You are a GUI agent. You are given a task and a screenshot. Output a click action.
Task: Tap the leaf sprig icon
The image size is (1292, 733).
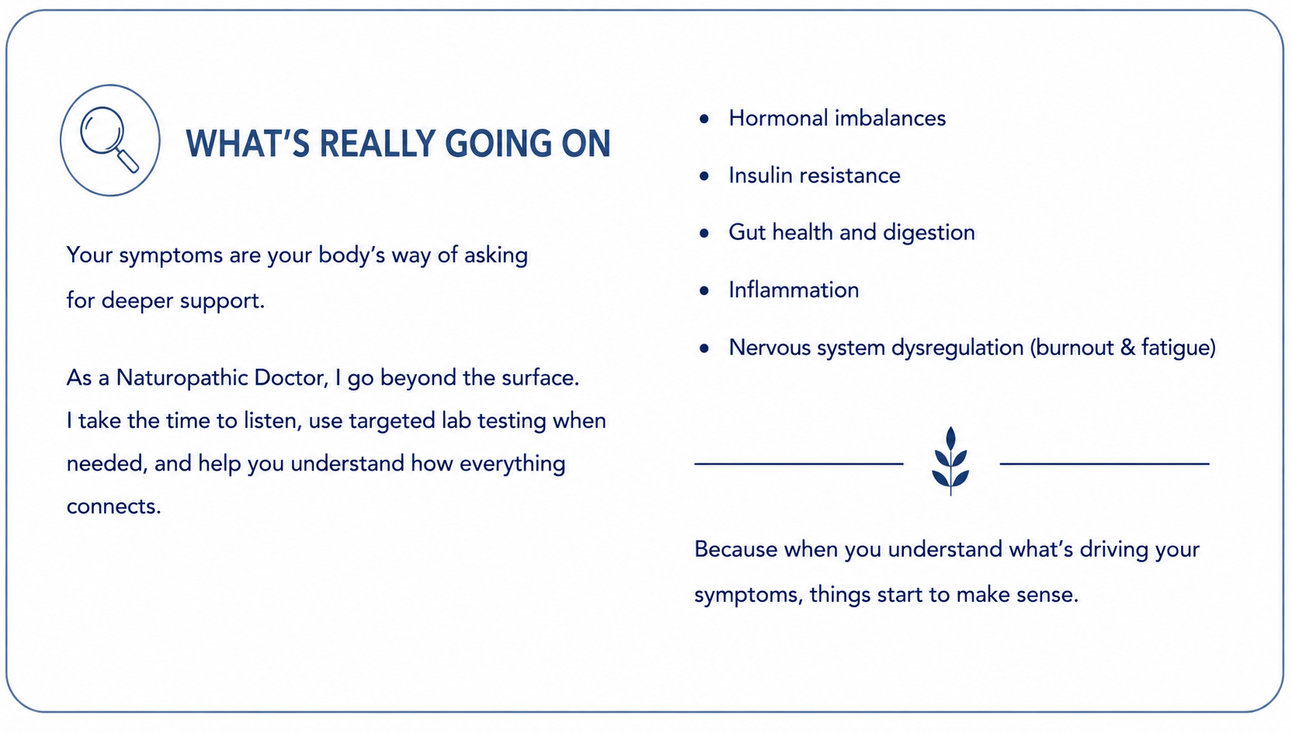[951, 461]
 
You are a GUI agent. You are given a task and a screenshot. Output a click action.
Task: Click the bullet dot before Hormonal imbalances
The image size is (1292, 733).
[704, 119]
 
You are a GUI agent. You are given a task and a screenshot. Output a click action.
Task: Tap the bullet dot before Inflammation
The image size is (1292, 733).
[704, 291]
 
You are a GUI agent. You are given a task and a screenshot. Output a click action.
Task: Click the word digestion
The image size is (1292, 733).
[929, 233]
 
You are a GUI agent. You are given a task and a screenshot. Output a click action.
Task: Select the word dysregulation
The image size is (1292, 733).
[958, 347]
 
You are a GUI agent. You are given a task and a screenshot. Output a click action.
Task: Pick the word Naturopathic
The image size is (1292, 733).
[182, 379]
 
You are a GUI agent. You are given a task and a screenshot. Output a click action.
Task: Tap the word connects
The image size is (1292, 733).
[113, 507]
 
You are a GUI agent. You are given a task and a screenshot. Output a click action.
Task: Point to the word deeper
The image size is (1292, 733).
[137, 301]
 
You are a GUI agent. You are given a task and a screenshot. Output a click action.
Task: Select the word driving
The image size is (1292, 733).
[1114, 550]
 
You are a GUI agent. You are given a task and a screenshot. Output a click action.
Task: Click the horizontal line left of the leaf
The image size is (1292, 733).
[798, 464]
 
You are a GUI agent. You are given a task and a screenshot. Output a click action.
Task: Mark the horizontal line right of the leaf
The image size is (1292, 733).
[1104, 464]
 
